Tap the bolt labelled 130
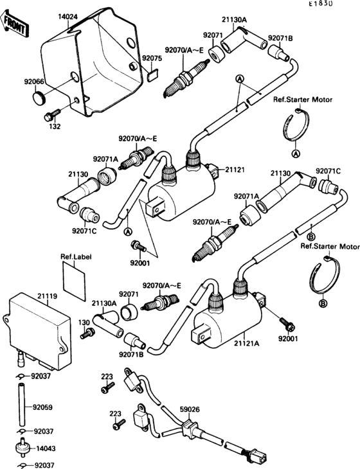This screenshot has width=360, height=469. coord(89,333)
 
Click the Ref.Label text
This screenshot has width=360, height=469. coord(76,257)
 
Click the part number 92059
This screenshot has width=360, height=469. coord(42,407)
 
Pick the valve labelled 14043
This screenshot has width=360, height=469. coord(24,448)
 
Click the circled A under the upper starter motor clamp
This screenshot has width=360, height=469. coord(296,154)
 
